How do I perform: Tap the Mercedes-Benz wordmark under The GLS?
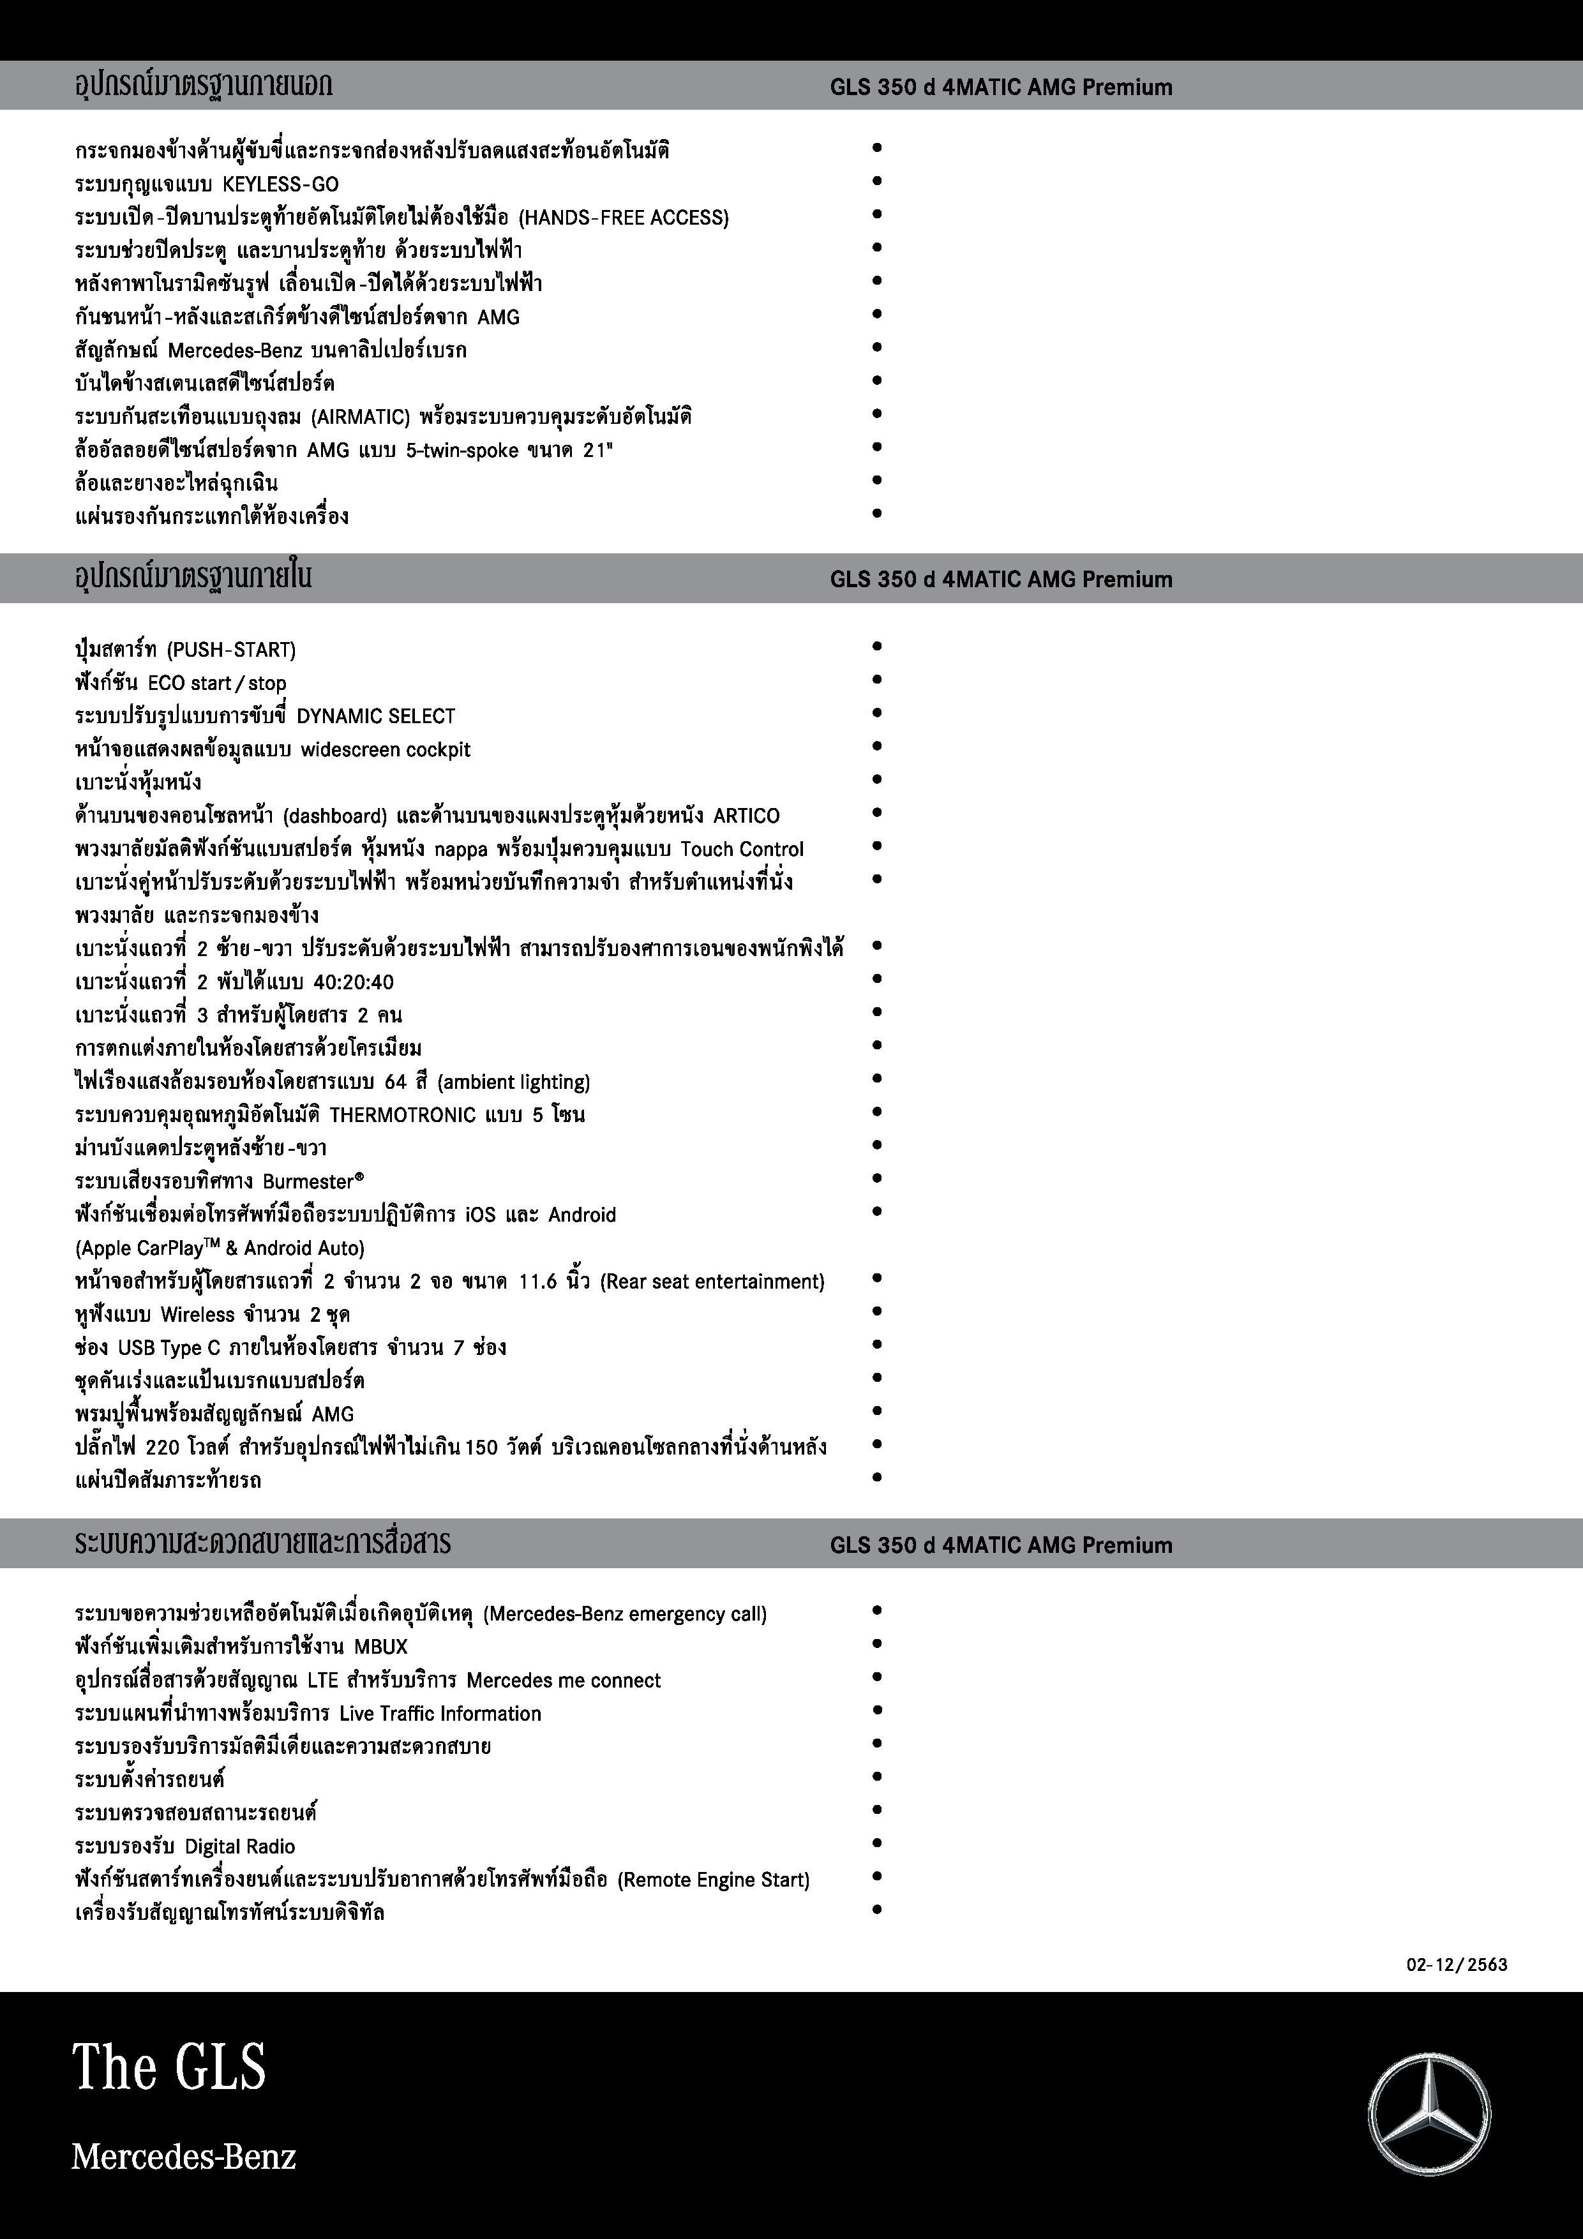tap(183, 2156)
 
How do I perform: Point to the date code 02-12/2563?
tap(1456, 1964)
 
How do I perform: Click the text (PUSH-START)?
tap(231, 650)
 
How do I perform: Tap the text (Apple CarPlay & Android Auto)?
tap(220, 1248)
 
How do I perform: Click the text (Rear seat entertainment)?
tap(712, 1282)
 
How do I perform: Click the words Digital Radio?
tap(240, 1846)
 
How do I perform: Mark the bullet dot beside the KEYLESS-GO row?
tap(877, 181)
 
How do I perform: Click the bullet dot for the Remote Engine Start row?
tap(877, 1875)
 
